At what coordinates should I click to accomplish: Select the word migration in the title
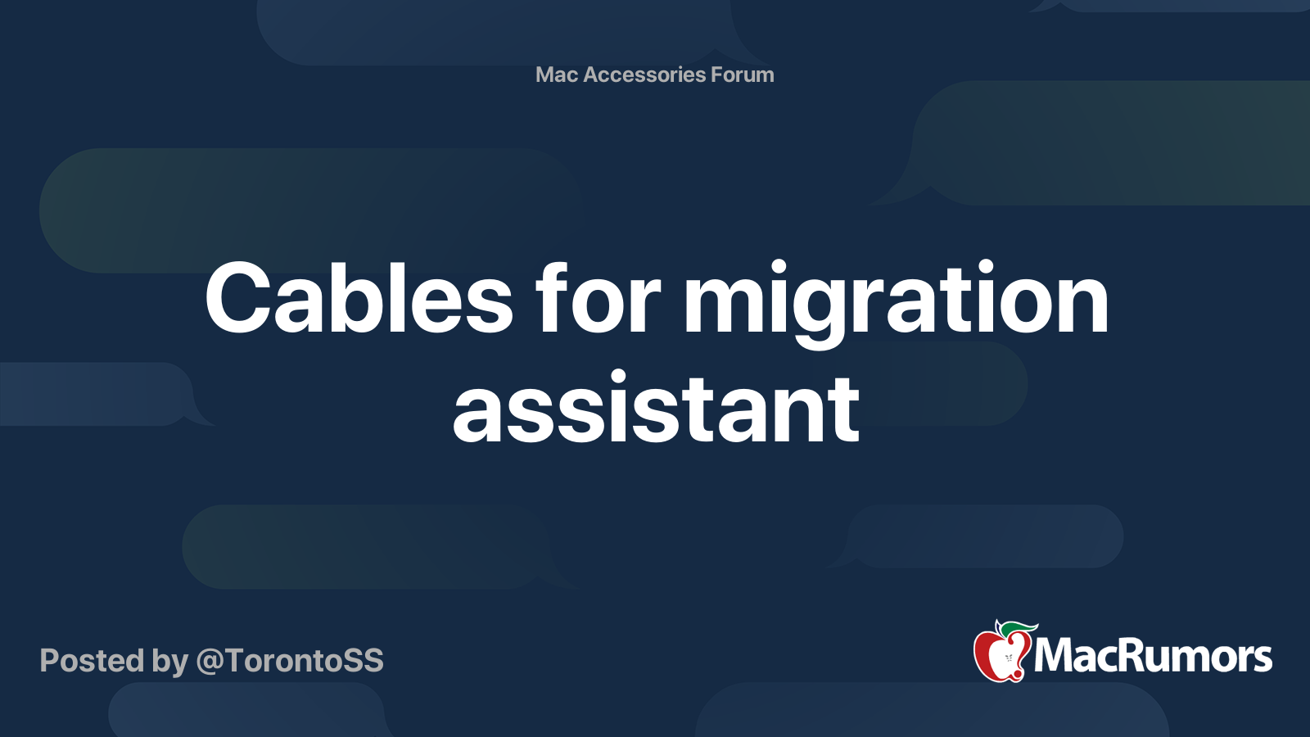896,303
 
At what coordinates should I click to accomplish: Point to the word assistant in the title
656,407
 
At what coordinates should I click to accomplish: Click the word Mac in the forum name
556,75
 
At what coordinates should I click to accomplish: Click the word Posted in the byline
92,660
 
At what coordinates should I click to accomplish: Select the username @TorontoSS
290,661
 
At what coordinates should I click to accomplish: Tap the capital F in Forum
718,75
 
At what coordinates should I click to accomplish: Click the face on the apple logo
1008,658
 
